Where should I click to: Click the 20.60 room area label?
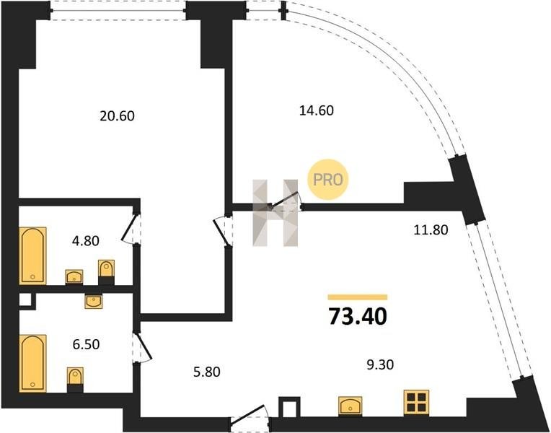click(x=117, y=115)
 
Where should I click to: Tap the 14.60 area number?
click(x=315, y=110)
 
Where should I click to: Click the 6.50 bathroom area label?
click(x=86, y=344)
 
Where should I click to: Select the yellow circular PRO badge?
click(x=328, y=179)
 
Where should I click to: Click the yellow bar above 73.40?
click(x=358, y=297)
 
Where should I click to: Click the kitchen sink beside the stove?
click(x=351, y=406)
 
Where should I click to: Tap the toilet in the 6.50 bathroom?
click(x=75, y=379)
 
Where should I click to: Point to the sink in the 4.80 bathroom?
click(x=74, y=276)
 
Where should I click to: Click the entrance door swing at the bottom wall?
click(x=250, y=419)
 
